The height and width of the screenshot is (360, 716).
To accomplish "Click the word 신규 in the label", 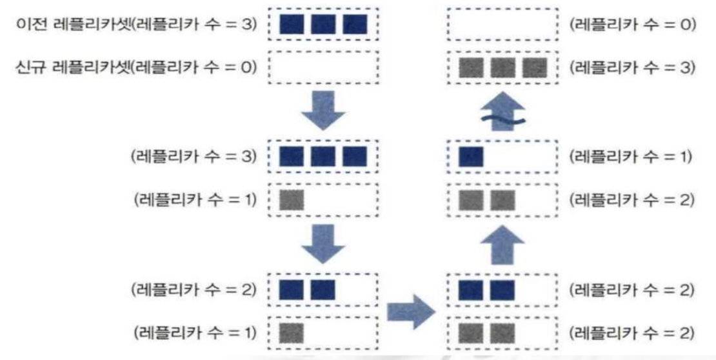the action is (32, 66).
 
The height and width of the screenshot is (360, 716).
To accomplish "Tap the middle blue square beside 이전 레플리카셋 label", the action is (323, 25).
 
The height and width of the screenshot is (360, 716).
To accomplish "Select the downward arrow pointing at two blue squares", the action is (321, 242).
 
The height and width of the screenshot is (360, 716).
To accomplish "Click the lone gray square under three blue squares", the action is (291, 199).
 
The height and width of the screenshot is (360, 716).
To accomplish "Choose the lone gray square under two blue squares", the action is (291, 333).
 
